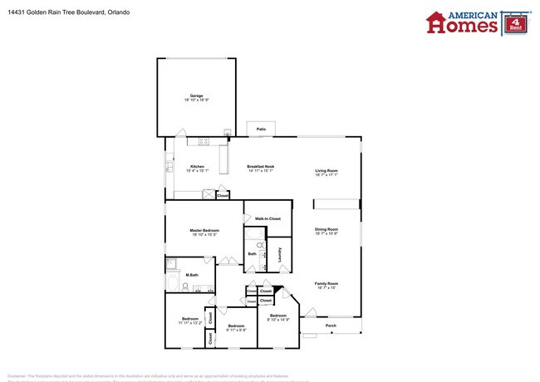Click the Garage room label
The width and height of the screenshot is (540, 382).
click(x=197, y=96)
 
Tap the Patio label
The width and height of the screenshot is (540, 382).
click(x=261, y=130)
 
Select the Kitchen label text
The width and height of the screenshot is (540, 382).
click(x=197, y=167)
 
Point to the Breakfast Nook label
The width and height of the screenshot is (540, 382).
click(x=261, y=167)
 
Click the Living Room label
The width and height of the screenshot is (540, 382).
click(x=326, y=170)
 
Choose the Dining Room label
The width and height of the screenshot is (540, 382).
click(x=326, y=229)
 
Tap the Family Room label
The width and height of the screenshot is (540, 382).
click(x=326, y=283)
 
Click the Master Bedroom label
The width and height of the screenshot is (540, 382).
click(x=204, y=230)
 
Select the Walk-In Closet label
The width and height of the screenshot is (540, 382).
click(x=268, y=218)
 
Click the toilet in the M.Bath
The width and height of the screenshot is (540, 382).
click(x=174, y=265)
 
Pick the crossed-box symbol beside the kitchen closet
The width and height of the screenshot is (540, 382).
click(x=208, y=195)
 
